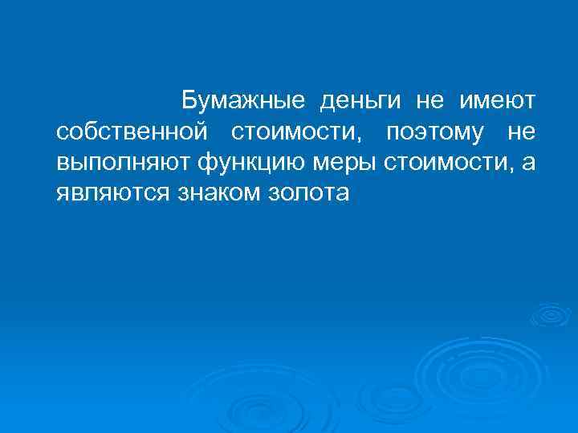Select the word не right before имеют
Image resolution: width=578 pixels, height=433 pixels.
429,100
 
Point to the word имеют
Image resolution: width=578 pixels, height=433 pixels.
497,100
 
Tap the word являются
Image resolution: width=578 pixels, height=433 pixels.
110,194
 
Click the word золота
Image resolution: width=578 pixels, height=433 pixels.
311,194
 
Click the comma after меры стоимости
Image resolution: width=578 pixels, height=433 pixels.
514,168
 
